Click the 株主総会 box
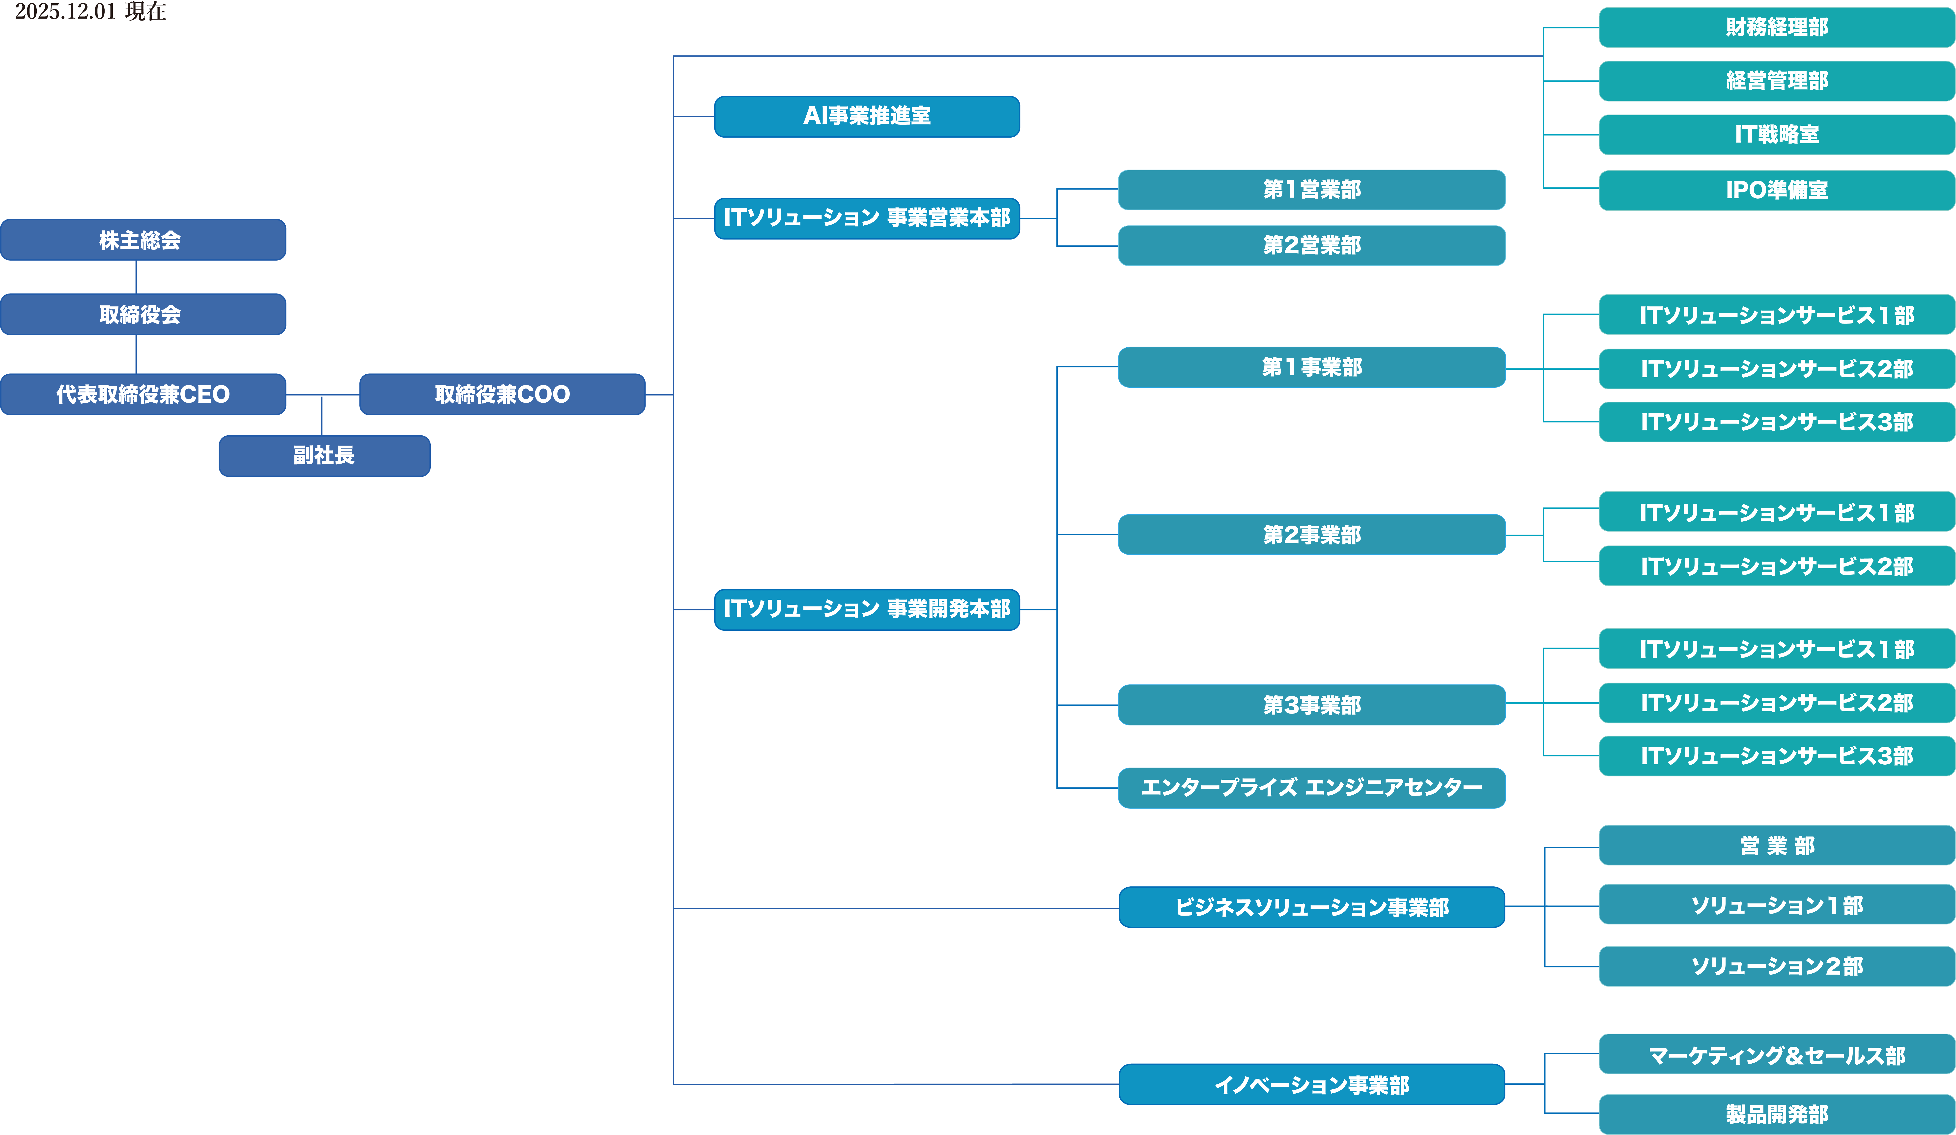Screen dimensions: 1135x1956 point(143,240)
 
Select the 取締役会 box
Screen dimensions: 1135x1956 point(143,314)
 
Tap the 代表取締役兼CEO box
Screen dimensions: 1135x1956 point(143,394)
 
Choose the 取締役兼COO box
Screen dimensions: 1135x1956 point(502,394)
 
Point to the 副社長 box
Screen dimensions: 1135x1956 point(324,456)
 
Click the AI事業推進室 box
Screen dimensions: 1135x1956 point(867,117)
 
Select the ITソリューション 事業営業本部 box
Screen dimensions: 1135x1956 point(867,218)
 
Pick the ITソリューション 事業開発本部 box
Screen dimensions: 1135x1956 point(867,609)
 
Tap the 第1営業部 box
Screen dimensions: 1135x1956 point(1312,189)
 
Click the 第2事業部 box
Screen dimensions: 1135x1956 point(1312,535)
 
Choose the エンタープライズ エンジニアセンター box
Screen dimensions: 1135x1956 point(1312,788)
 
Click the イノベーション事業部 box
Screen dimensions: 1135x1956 point(1312,1084)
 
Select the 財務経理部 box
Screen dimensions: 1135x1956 point(1777,27)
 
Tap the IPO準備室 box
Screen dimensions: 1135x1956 point(1777,190)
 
